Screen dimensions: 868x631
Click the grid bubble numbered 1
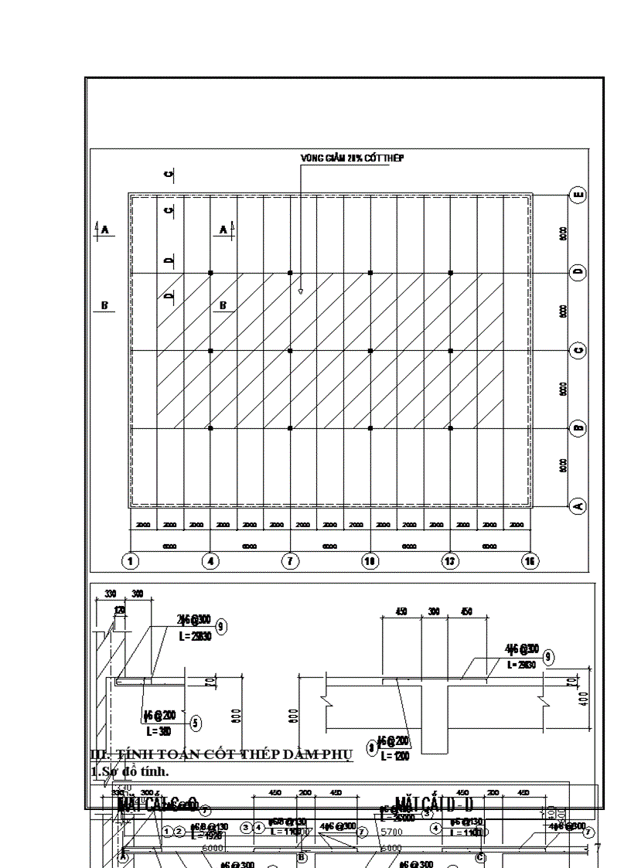[131, 561]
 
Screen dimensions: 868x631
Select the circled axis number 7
[290, 561]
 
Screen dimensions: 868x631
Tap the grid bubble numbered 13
[450, 561]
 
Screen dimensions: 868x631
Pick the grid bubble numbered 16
[530, 561]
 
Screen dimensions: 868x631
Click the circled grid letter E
[578, 195]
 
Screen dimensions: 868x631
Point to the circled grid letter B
[578, 428]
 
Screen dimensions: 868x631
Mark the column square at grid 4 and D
[210, 273]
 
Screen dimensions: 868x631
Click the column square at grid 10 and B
[370, 428]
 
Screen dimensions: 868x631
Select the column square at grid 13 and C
[451, 351]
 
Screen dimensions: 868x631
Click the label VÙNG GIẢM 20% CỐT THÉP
[352, 158]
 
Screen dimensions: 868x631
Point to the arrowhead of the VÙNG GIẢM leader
[301, 292]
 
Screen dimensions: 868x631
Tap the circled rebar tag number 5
[196, 723]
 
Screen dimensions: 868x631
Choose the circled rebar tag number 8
[372, 747]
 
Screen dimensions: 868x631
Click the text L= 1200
[395, 756]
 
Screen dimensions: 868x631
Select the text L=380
[159, 730]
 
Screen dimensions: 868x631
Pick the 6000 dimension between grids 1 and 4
[170, 546]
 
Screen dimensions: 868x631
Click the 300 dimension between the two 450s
[434, 611]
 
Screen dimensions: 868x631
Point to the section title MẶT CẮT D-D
[434, 805]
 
